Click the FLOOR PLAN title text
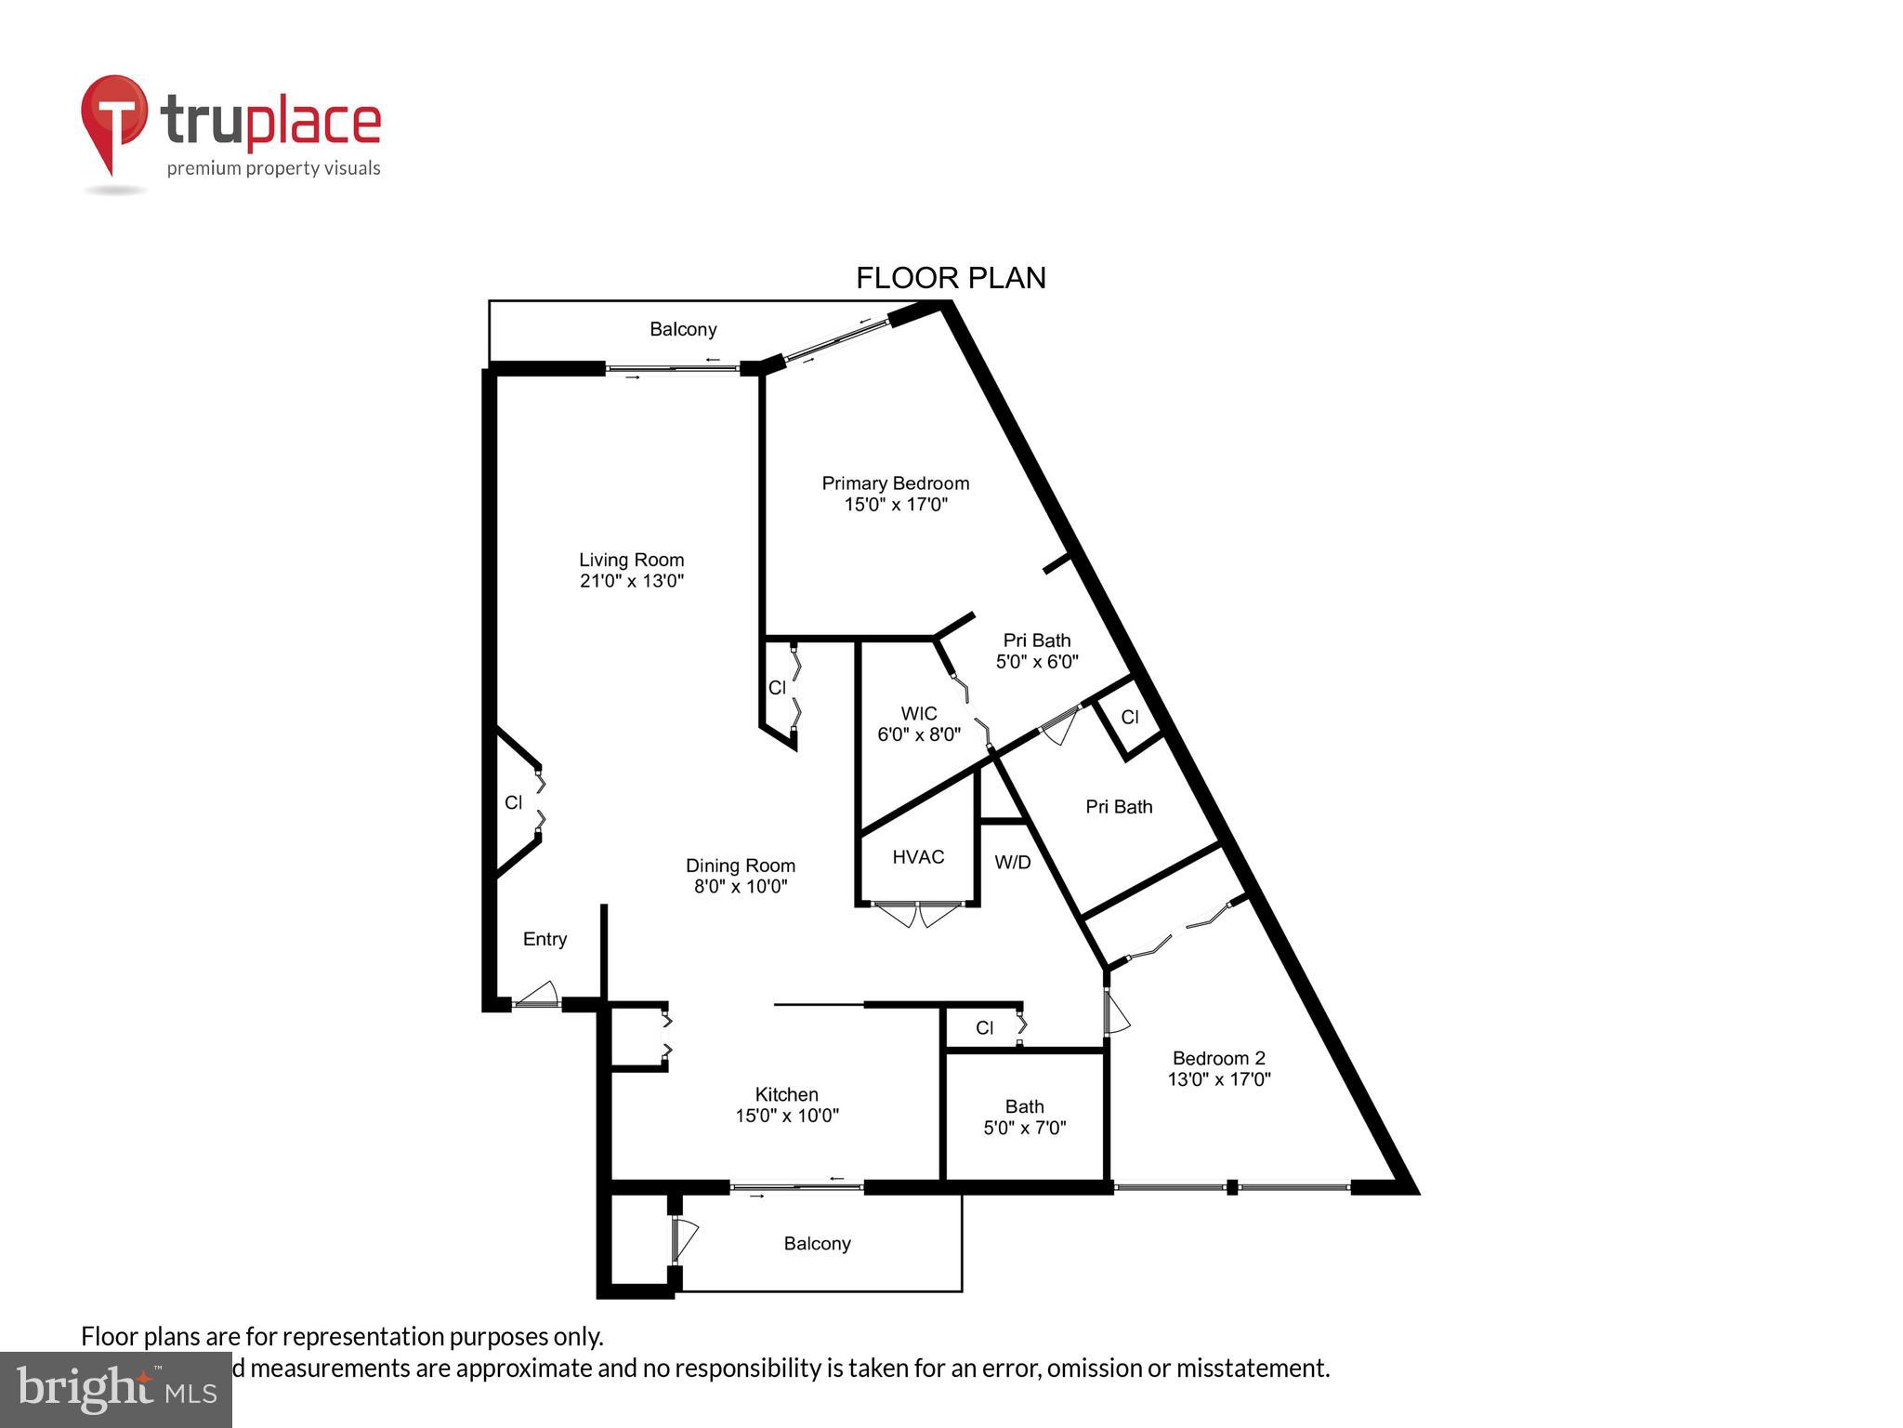tap(951, 278)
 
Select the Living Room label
tap(631, 560)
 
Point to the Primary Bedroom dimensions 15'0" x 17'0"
tap(895, 505)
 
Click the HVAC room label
tap(918, 857)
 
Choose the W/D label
tap(1012, 863)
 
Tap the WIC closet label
tap(918, 714)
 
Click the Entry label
tap(545, 939)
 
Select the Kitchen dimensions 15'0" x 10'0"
tap(787, 1116)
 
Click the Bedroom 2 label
tap(1218, 1058)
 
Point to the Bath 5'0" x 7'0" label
tap(1024, 1117)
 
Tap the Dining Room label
tap(740, 866)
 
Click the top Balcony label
tap(683, 329)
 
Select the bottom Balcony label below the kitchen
tap(817, 1244)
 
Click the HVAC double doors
tap(918, 914)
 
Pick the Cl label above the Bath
tap(984, 1028)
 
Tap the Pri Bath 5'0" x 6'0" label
tap(1036, 651)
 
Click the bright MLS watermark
tap(116, 1390)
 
